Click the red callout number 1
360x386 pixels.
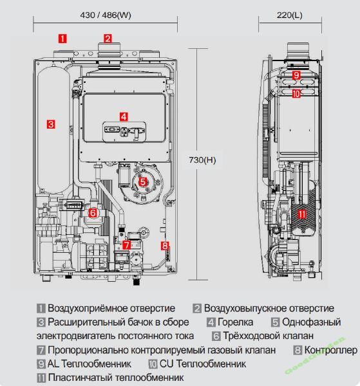coord(62,39)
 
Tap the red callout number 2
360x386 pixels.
coord(108,39)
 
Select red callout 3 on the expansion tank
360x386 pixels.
coord(51,124)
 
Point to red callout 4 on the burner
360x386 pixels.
coord(124,116)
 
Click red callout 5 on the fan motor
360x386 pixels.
coord(143,182)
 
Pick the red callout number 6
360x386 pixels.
coord(93,213)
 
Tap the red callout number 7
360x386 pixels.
coord(127,245)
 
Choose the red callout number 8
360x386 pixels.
coord(165,246)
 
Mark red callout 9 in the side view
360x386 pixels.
coord(296,75)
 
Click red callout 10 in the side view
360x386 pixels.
coord(296,93)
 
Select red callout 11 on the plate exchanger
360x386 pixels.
coord(302,214)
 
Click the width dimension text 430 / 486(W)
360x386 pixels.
coord(106,15)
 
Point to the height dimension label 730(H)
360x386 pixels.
coord(202,160)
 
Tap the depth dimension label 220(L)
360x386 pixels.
coord(290,15)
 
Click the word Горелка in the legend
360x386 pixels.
coord(235,322)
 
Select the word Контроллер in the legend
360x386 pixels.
coord(330,350)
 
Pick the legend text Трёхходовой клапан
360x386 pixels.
coord(269,336)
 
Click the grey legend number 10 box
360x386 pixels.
coord(153,364)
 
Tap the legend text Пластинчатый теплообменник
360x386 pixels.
coord(116,378)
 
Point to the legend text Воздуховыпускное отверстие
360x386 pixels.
coord(269,308)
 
